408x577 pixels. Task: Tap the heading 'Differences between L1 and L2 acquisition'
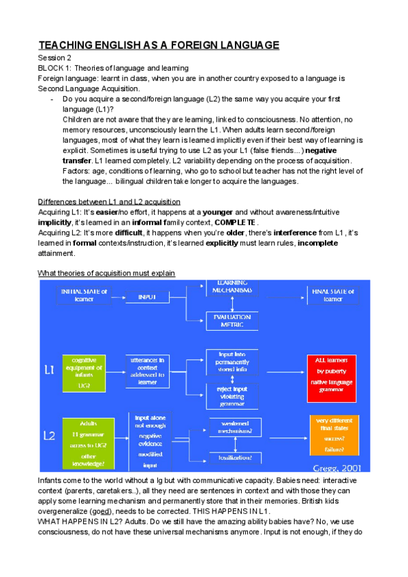(109, 202)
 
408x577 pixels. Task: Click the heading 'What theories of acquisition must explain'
(107, 273)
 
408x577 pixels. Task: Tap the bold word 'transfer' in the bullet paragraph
(76, 159)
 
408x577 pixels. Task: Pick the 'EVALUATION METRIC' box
(235, 320)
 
